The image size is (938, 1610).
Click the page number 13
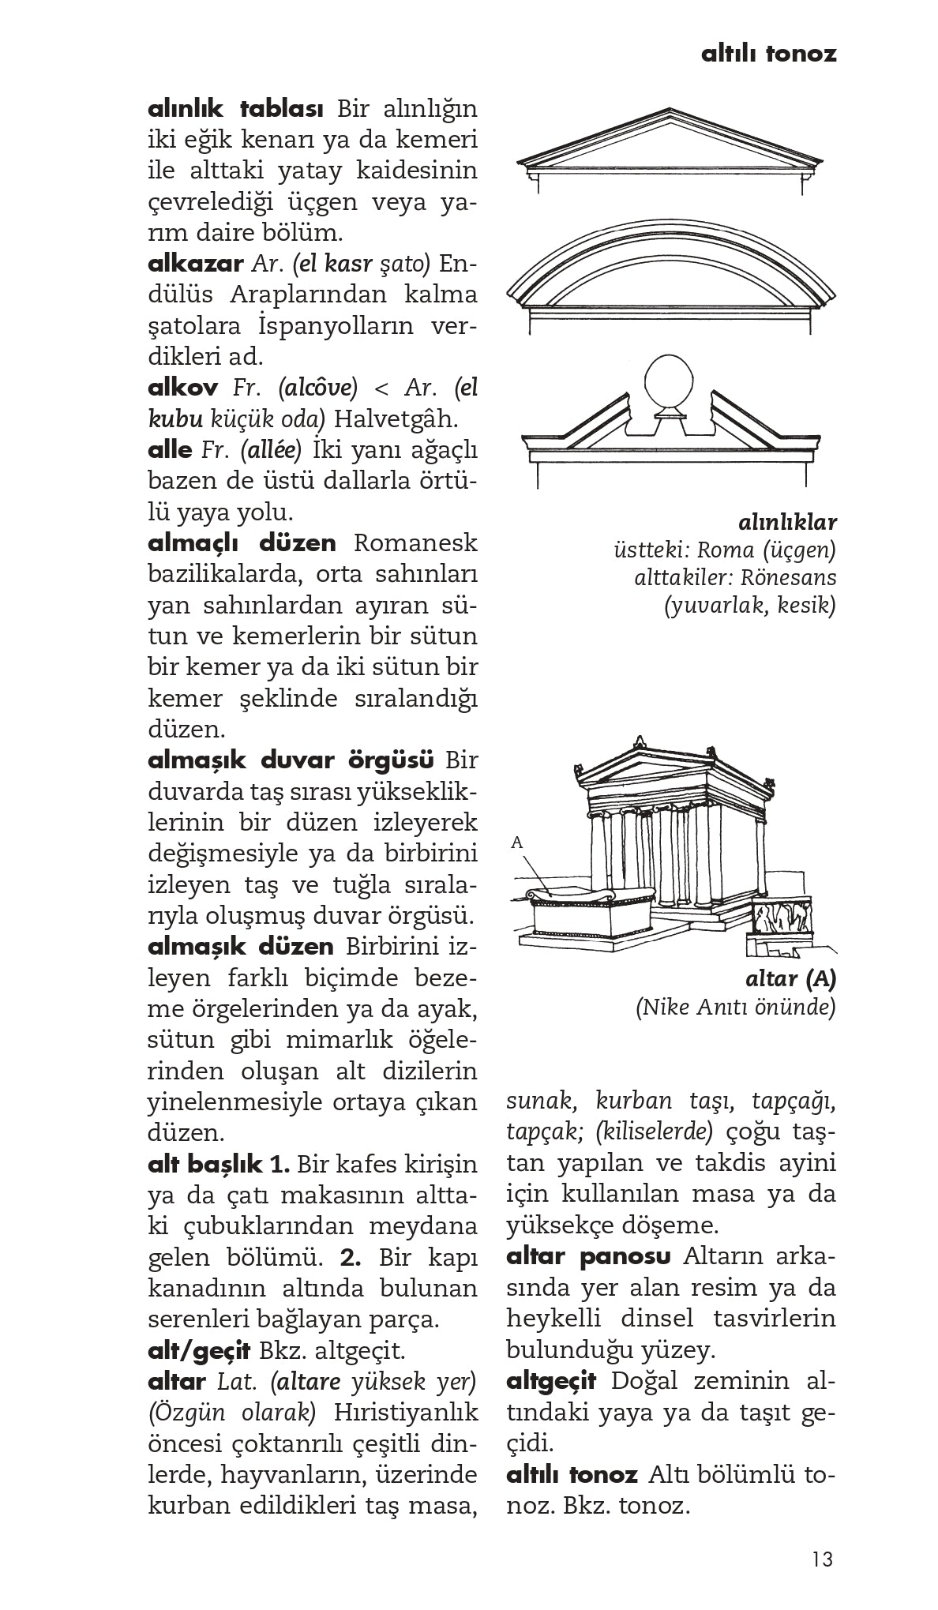(x=821, y=1560)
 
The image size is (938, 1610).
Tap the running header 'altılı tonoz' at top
(x=768, y=54)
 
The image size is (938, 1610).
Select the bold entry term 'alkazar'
(x=194, y=263)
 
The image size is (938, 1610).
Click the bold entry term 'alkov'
(x=183, y=388)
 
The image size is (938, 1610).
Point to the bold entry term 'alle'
(x=170, y=450)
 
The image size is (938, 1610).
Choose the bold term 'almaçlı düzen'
(x=242, y=543)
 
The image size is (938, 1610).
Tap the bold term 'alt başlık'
(x=205, y=1165)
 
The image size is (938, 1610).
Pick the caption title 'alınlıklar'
(x=787, y=522)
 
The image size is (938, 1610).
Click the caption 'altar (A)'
(x=790, y=978)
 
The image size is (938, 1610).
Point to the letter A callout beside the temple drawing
(x=517, y=843)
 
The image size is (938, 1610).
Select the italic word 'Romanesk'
(x=415, y=543)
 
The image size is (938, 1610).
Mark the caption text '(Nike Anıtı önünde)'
(x=735, y=1008)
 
